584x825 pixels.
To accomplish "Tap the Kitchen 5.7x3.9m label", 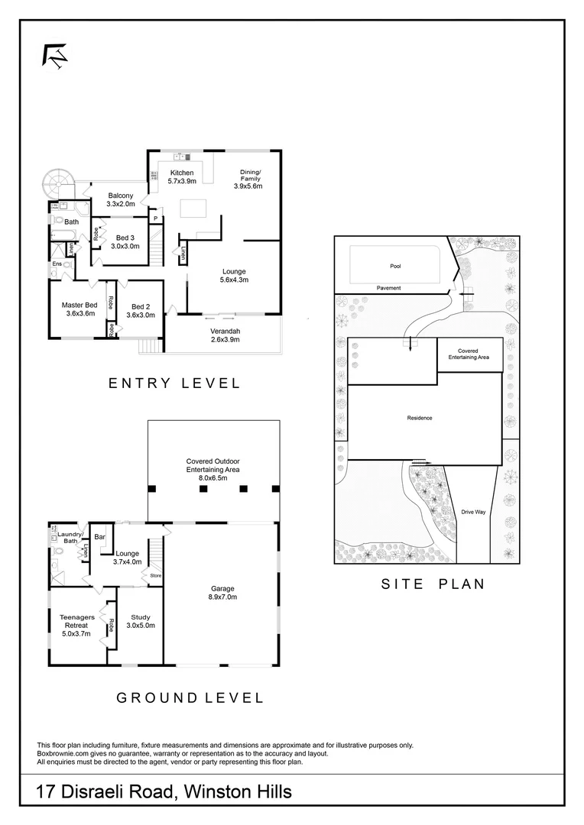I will pyautogui.click(x=183, y=177).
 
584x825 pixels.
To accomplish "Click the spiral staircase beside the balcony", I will pyautogui.click(x=57, y=183).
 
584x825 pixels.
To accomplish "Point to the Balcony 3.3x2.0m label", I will pyautogui.click(x=121, y=200).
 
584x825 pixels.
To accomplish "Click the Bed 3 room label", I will pyautogui.click(x=125, y=241).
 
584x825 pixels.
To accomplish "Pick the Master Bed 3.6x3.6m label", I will pyautogui.click(x=79, y=309).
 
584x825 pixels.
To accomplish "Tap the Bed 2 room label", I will pyautogui.click(x=141, y=310).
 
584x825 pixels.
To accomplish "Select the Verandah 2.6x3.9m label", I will pyautogui.click(x=225, y=335).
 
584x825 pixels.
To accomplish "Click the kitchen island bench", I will pyautogui.click(x=193, y=209).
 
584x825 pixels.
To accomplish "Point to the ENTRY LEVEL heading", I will pyautogui.click(x=174, y=383).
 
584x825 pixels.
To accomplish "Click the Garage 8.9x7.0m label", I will pyautogui.click(x=222, y=593).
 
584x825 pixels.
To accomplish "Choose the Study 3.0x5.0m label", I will pyautogui.click(x=141, y=621).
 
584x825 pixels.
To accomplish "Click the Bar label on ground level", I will pyautogui.click(x=99, y=537).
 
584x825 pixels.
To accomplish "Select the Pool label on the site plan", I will pyautogui.click(x=395, y=267).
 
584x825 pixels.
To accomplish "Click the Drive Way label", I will pyautogui.click(x=474, y=512).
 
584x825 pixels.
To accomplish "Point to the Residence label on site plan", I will pyautogui.click(x=420, y=418).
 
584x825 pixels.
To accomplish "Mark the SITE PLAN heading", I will pyautogui.click(x=433, y=584).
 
